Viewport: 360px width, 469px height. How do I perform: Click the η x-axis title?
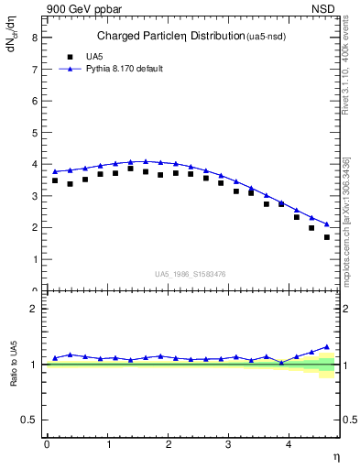click(x=335, y=457)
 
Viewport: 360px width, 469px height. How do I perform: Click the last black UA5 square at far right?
click(x=327, y=237)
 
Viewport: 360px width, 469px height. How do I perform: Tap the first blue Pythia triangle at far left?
click(x=55, y=171)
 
